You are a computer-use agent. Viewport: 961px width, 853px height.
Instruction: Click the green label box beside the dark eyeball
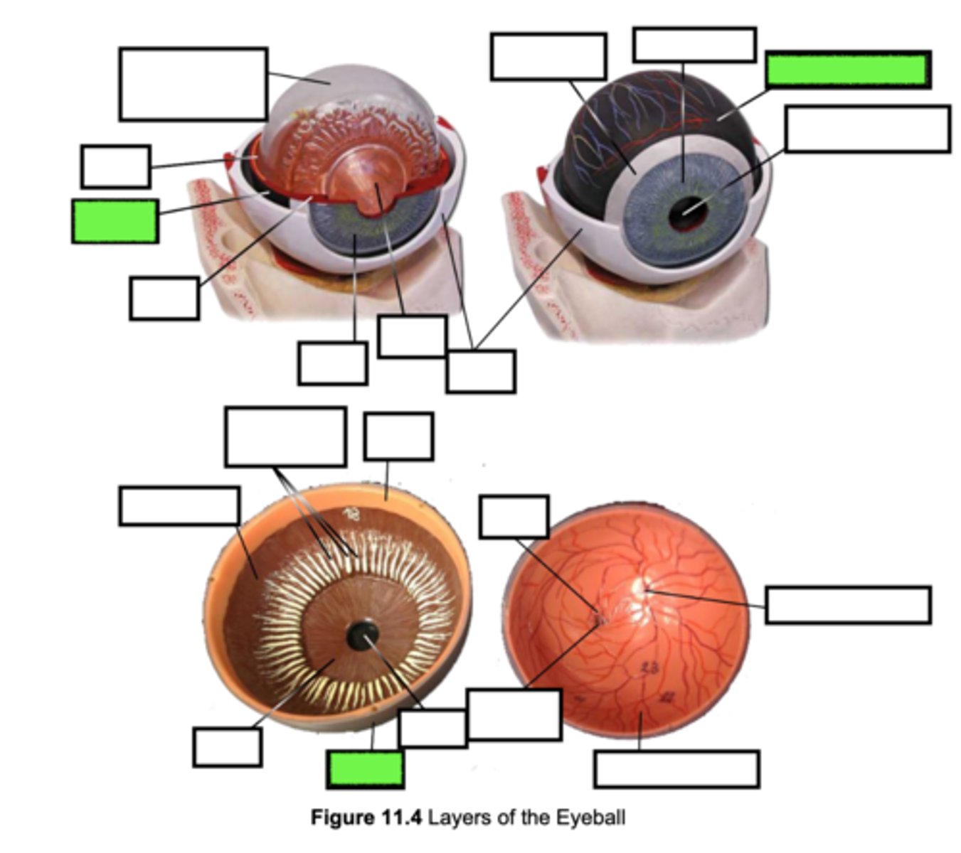pyautogui.click(x=848, y=70)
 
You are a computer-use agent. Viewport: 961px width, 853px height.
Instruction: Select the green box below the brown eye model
pyautogui.click(x=366, y=769)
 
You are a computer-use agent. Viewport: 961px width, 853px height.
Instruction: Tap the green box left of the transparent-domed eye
pyautogui.click(x=115, y=221)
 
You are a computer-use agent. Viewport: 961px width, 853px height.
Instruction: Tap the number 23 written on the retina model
pyautogui.click(x=649, y=667)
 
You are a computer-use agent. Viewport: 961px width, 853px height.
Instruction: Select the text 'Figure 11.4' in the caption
pyautogui.click(x=366, y=817)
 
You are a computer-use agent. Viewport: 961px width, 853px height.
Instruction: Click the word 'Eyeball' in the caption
pyautogui.click(x=590, y=817)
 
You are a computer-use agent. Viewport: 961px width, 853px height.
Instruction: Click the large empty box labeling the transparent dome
pyautogui.click(x=193, y=84)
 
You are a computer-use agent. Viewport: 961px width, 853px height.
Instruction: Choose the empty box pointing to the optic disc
pyautogui.click(x=848, y=605)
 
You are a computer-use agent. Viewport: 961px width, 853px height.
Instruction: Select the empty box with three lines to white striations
pyautogui.click(x=285, y=436)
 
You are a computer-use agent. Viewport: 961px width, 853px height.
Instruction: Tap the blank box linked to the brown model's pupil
pyautogui.click(x=432, y=728)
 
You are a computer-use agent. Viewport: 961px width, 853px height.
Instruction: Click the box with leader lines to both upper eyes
pyautogui.click(x=481, y=371)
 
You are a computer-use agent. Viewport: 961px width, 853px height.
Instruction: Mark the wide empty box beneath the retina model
pyautogui.click(x=676, y=769)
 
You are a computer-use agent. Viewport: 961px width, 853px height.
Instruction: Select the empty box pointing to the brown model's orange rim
pyautogui.click(x=398, y=436)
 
